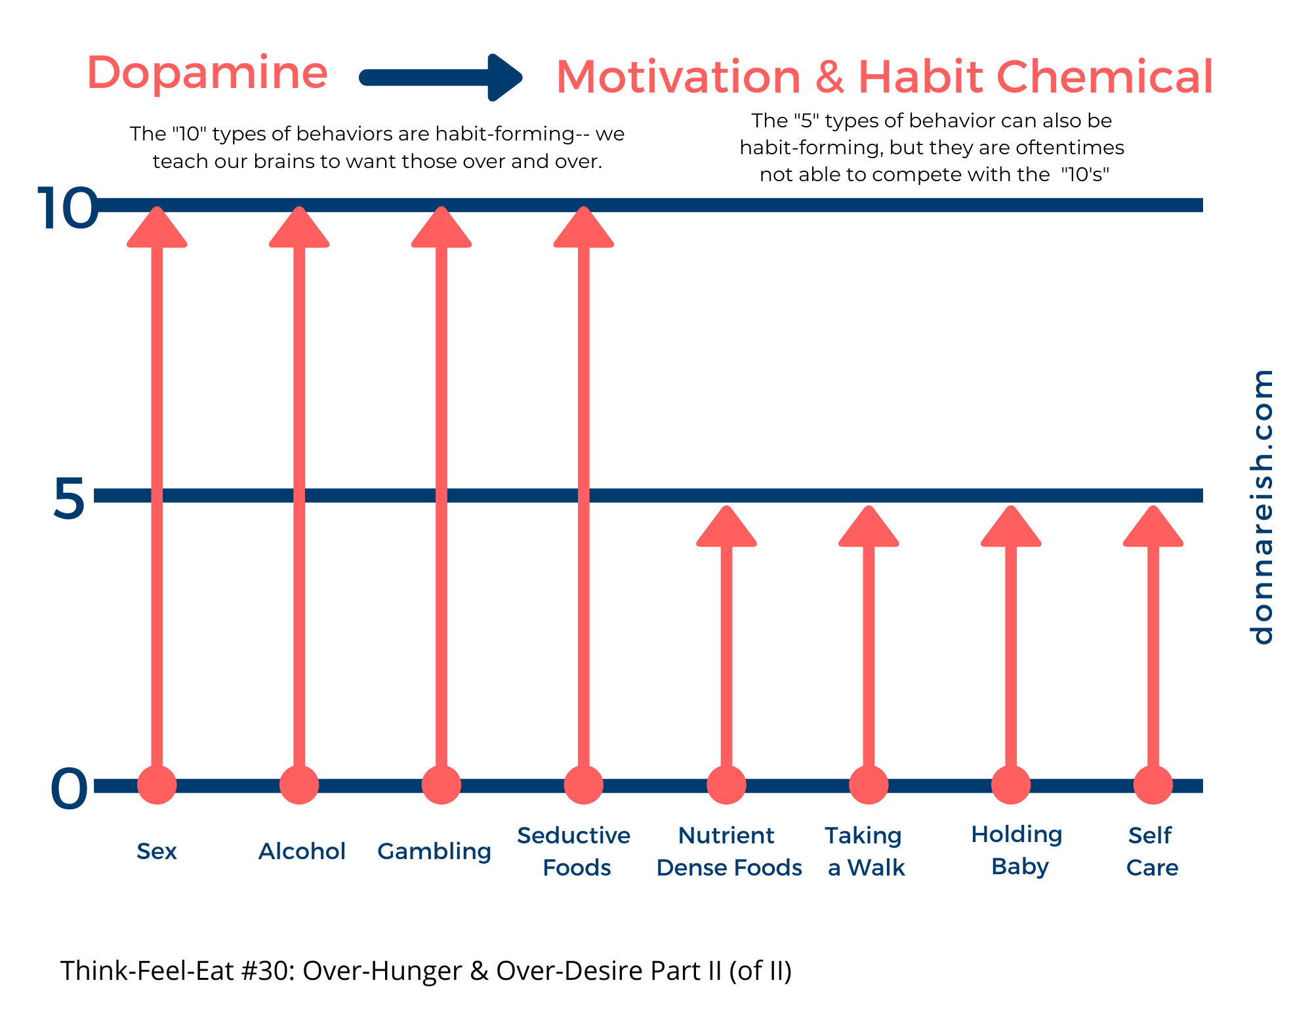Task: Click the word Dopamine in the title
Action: click(207, 74)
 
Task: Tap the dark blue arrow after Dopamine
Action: click(441, 78)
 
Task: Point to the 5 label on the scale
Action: click(68, 499)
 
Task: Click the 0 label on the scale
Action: click(69, 789)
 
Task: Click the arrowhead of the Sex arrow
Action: click(157, 230)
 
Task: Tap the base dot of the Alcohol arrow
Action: click(299, 785)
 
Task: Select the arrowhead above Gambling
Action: click(441, 230)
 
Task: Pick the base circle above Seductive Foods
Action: click(584, 785)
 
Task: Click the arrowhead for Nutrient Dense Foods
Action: click(726, 530)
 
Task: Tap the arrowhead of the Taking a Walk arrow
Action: click(869, 530)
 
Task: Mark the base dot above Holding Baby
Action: click(1011, 785)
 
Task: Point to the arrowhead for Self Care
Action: click(1153, 530)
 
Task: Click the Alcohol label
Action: click(302, 851)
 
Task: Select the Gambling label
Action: click(434, 851)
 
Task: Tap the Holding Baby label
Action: click(1017, 850)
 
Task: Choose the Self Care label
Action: click(1152, 851)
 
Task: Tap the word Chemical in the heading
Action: click(1105, 77)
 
